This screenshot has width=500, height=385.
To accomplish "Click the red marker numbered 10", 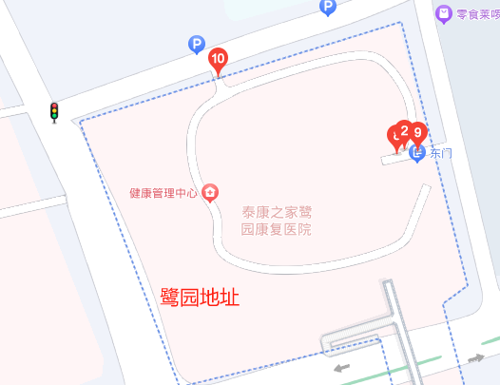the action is pyautogui.click(x=218, y=60).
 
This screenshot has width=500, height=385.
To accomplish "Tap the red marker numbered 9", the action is pyautogui.click(x=417, y=133).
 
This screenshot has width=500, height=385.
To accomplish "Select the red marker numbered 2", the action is pyautogui.click(x=404, y=130).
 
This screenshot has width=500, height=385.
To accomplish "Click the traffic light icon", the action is pyautogui.click(x=54, y=112).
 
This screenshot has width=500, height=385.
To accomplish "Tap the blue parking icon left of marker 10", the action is pyautogui.click(x=197, y=44).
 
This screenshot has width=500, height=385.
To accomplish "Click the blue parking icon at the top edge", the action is pyautogui.click(x=328, y=8).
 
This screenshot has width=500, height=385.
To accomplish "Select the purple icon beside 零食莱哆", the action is pyautogui.click(x=443, y=13).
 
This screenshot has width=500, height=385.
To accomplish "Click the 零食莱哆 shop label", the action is pyautogui.click(x=477, y=13).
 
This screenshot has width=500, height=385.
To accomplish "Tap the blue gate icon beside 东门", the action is pyautogui.click(x=417, y=152).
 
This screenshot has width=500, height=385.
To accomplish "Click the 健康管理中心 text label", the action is pyautogui.click(x=163, y=193).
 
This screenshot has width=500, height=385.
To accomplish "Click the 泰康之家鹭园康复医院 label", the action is pyautogui.click(x=276, y=221).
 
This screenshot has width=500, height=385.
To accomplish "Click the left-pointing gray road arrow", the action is pyautogui.click(x=340, y=367).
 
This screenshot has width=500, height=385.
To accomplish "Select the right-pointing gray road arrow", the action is pyautogui.click(x=475, y=358).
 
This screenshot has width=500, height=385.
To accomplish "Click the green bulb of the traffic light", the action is pyautogui.click(x=54, y=119).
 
